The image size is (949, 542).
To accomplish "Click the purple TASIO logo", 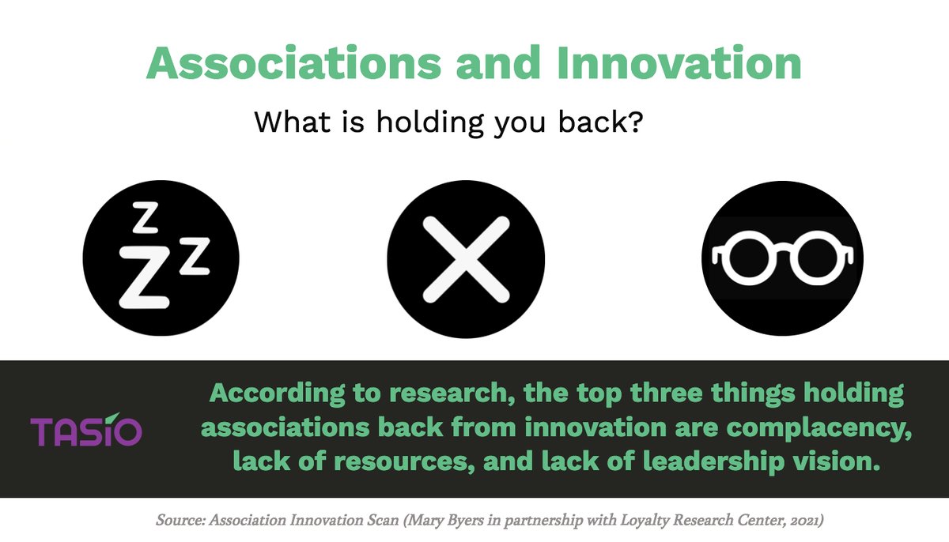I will [x=86, y=431].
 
